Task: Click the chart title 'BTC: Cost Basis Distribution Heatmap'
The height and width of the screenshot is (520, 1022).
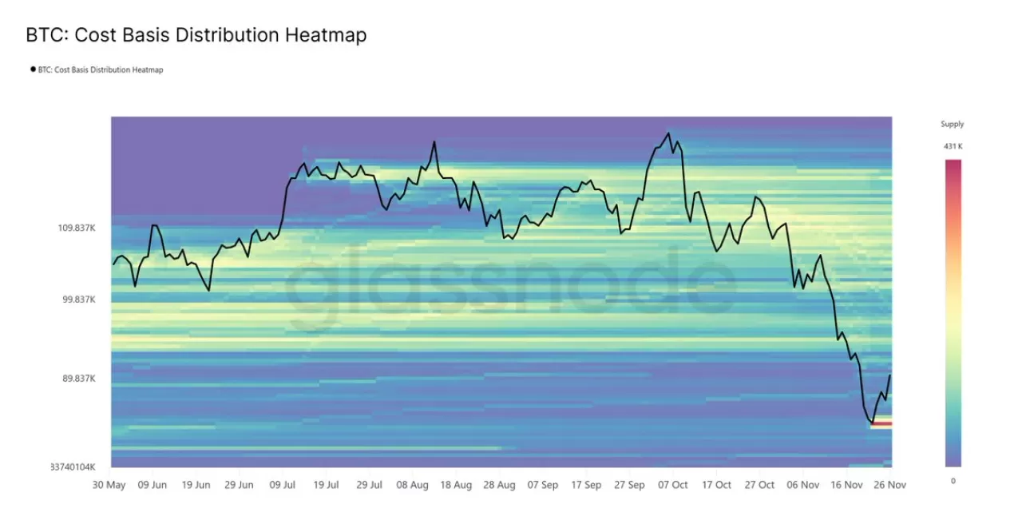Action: [196, 35]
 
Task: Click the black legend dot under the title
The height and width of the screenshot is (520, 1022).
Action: [33, 69]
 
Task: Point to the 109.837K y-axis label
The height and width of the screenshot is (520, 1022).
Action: [77, 228]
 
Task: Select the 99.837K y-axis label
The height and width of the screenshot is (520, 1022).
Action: [79, 300]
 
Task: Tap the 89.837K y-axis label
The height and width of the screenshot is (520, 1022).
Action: [79, 379]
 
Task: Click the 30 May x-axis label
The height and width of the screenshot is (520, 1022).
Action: [109, 485]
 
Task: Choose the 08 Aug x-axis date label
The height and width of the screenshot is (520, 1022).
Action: [412, 485]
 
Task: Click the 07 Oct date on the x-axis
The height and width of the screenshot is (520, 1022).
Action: [673, 485]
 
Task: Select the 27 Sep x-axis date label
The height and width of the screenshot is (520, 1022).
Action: [630, 485]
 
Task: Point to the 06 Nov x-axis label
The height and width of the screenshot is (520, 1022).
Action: [803, 485]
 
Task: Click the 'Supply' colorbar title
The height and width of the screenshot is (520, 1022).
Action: [953, 124]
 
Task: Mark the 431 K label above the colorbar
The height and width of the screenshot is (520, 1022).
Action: [953, 146]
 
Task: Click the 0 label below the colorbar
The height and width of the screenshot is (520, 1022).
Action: [953, 480]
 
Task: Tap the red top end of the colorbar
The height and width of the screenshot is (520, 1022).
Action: [953, 163]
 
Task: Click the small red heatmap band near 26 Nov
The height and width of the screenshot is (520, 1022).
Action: [881, 423]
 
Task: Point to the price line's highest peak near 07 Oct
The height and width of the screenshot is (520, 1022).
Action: [669, 133]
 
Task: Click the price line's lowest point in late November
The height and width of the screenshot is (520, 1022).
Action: [873, 423]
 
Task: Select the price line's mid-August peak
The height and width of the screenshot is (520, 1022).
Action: [434, 142]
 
